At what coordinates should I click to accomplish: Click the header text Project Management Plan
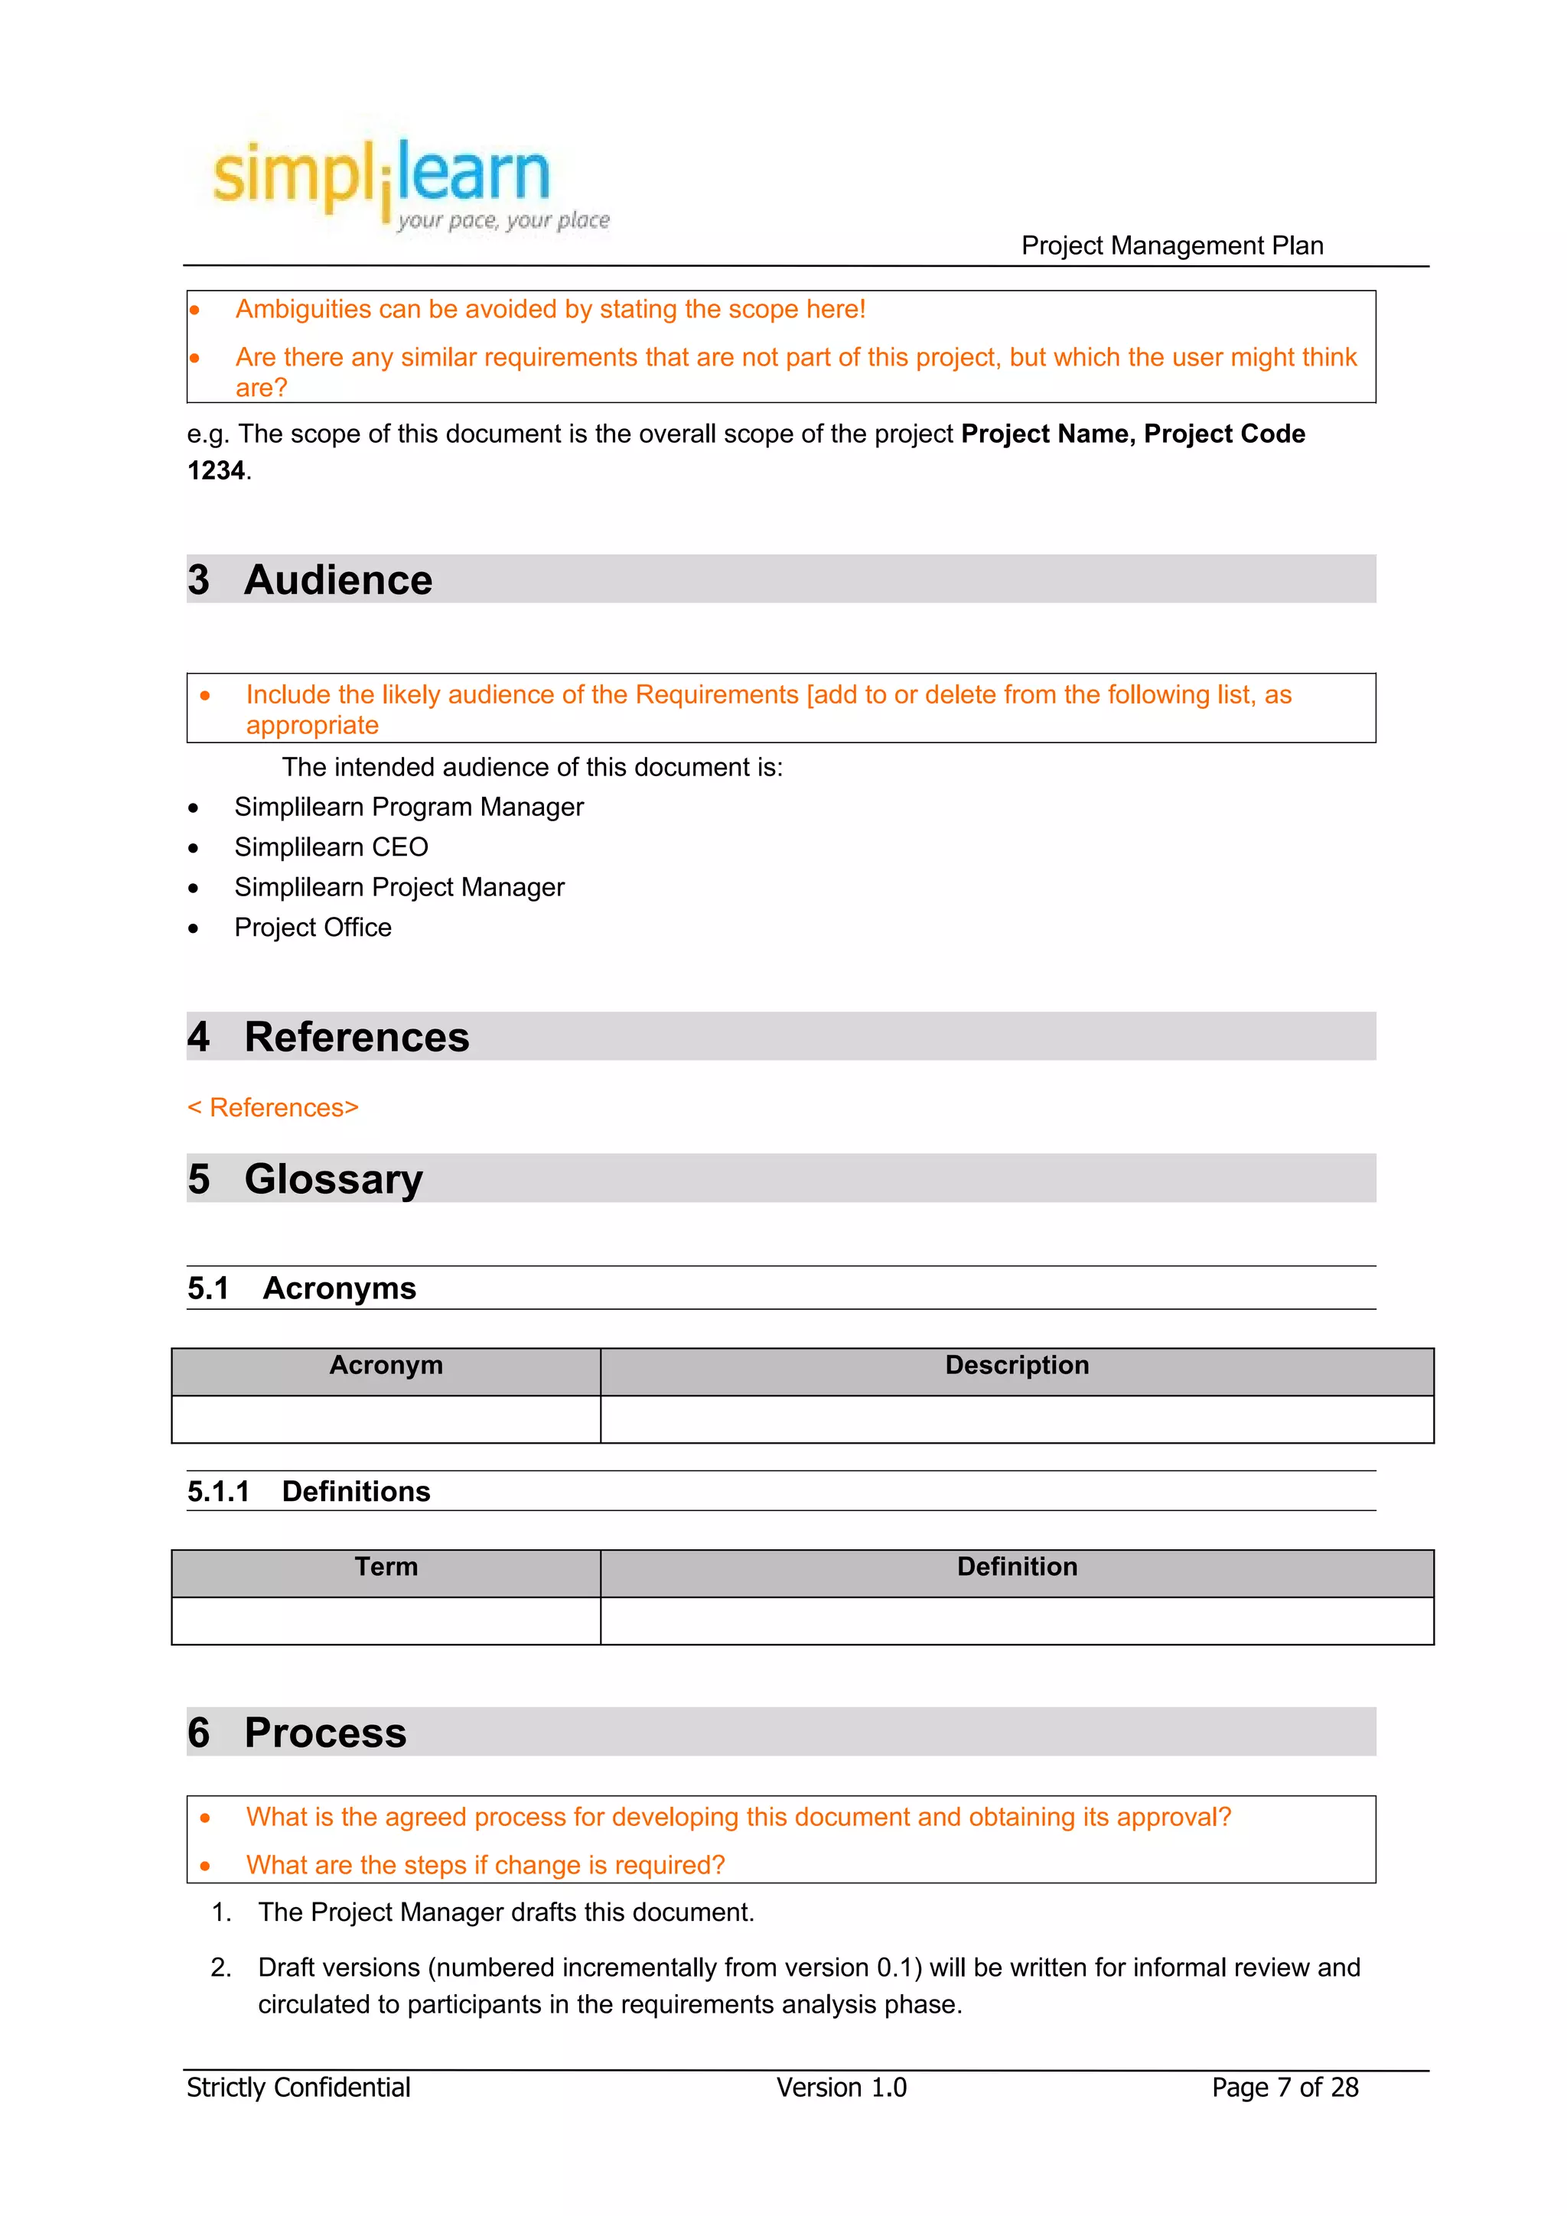1171,245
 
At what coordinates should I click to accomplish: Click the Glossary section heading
332,1178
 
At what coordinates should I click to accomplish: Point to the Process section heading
324,1733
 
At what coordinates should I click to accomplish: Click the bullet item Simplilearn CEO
331,846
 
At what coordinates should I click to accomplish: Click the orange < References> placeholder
272,1107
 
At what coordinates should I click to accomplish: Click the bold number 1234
215,470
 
